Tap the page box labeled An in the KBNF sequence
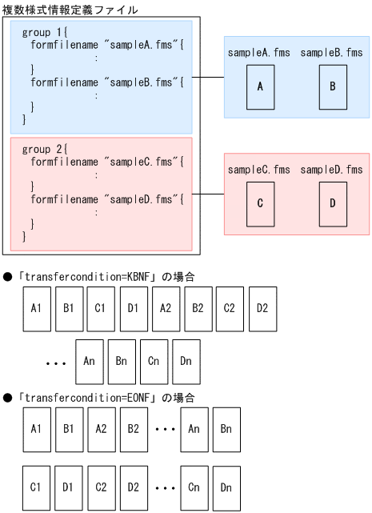89,361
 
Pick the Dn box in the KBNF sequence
186,361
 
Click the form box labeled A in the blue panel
260,85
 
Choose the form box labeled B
332,85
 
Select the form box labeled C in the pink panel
260,202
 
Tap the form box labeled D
332,202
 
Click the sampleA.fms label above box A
259,53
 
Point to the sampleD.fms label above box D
332,170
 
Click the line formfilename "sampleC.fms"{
107,162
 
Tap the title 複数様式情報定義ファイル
70,9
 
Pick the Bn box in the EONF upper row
226,429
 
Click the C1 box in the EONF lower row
35,486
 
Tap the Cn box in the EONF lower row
193,486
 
